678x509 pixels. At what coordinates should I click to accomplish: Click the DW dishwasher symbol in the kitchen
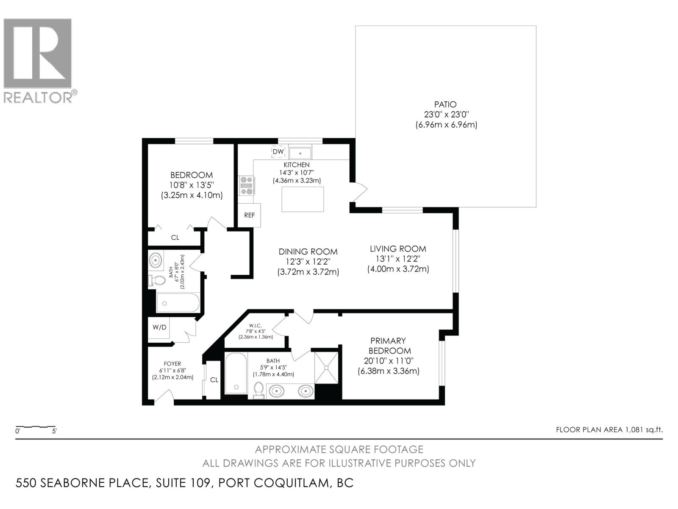[x=278, y=152]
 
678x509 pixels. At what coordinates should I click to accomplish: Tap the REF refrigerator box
[x=250, y=215]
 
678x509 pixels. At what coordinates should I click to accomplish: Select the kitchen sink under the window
[x=300, y=152]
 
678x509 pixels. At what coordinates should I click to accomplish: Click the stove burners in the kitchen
[x=246, y=186]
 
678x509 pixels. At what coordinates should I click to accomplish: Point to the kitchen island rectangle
[x=303, y=199]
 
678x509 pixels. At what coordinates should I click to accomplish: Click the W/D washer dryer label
[x=159, y=327]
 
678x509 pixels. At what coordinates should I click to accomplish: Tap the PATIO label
[x=445, y=104]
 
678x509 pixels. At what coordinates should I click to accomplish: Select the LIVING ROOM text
[x=398, y=249]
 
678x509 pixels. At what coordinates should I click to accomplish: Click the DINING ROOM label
[x=308, y=252]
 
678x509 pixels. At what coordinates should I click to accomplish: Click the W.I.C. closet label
[x=256, y=325]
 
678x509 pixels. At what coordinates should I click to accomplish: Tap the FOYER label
[x=172, y=364]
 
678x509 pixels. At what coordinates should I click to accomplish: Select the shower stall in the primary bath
[x=327, y=367]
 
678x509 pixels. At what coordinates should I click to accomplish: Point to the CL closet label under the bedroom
[x=175, y=238]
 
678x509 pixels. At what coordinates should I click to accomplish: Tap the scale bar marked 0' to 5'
[x=36, y=427]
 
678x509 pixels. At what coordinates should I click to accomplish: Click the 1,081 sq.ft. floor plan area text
[x=609, y=430]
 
